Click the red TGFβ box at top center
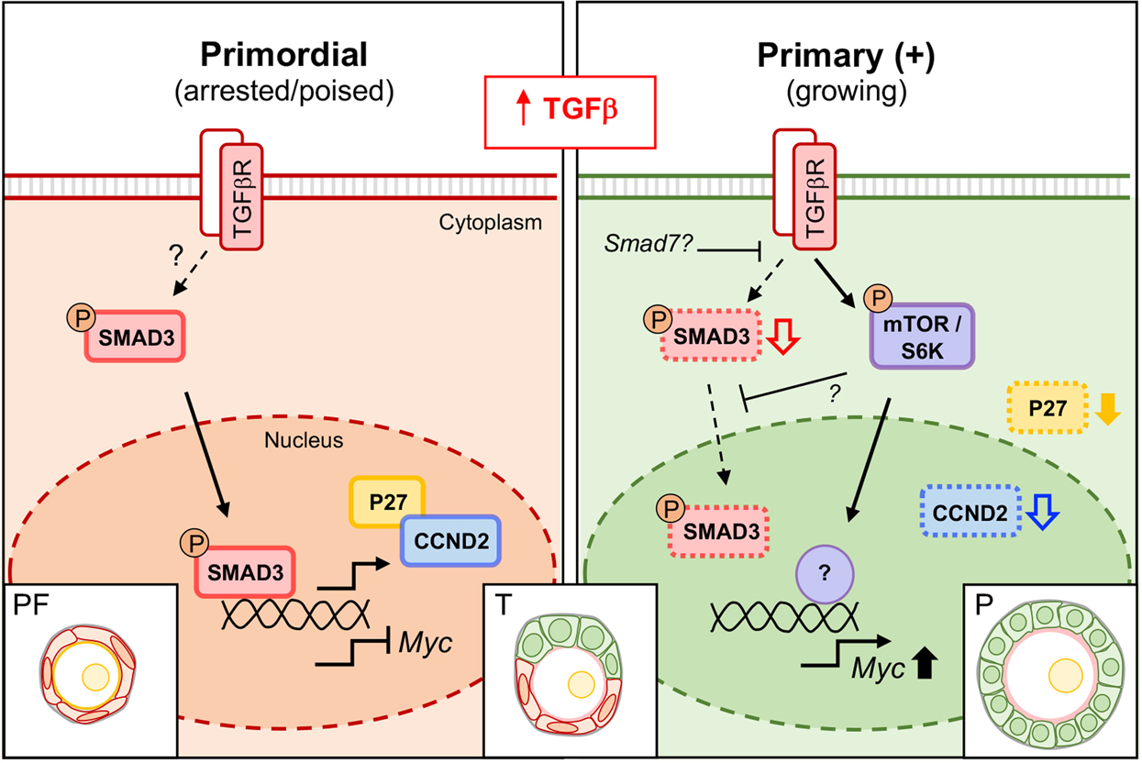(x=570, y=111)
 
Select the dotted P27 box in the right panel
(x=1047, y=408)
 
